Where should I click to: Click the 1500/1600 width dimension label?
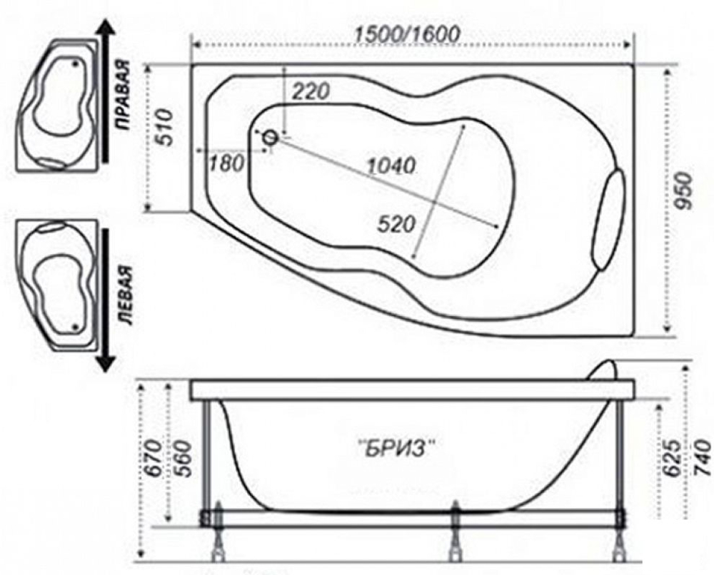[407, 34]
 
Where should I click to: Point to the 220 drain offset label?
[310, 91]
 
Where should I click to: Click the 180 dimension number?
[227, 164]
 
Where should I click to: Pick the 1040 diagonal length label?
[391, 166]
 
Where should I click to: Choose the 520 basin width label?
[396, 224]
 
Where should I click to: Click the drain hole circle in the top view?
[271, 138]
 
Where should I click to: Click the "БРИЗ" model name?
[394, 449]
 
